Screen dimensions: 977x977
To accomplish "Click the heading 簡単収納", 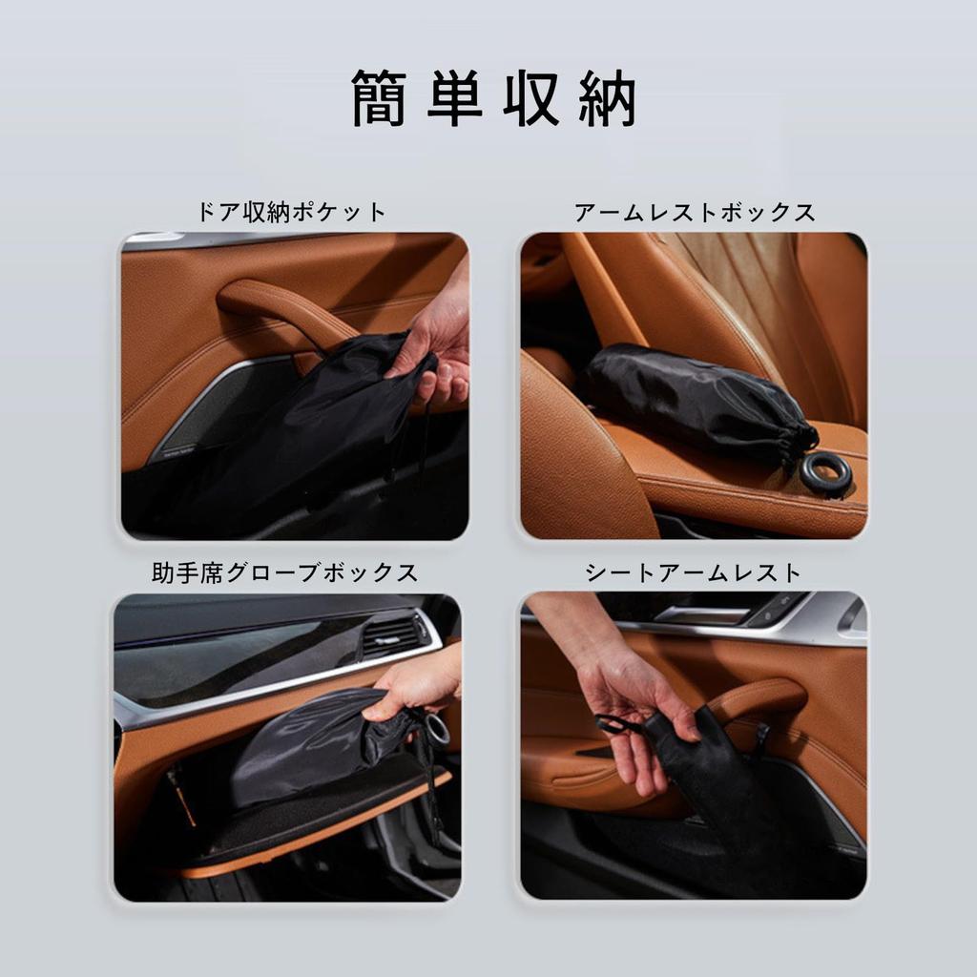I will [493, 98].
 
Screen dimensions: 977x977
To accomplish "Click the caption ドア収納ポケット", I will [292, 212].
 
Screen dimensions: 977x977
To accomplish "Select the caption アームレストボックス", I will [695, 212].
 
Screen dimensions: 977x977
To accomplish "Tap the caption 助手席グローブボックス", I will [285, 572].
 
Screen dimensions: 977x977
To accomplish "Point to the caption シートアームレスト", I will [694, 572].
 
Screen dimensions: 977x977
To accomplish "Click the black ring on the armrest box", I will [824, 473].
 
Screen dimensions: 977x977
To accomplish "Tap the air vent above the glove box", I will [393, 634].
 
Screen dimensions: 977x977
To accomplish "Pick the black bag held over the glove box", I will [315, 744].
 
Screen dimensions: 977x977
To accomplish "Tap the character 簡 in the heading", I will [379, 98].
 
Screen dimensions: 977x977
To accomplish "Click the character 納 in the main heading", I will [607, 98].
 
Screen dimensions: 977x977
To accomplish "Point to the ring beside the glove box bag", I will [437, 730].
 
